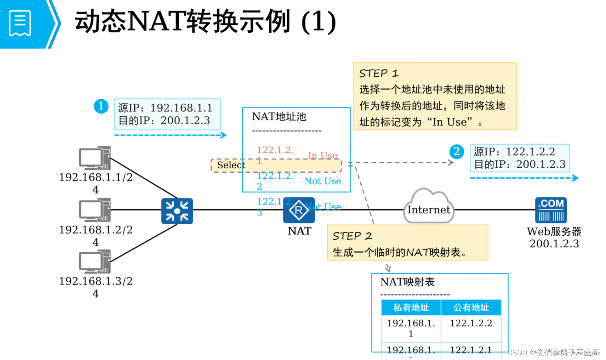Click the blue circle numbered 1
pyautogui.click(x=101, y=106)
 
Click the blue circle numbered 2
pyautogui.click(x=457, y=151)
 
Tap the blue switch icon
pyautogui.click(x=177, y=211)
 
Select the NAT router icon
pyautogui.click(x=299, y=210)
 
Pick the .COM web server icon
pyautogui.click(x=551, y=210)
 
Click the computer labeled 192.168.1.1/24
pyautogui.click(x=95, y=158)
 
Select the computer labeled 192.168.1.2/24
pyautogui.click(x=95, y=210)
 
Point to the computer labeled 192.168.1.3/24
pyautogui.click(x=95, y=261)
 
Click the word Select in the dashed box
pyautogui.click(x=231, y=165)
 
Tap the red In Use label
pyautogui.click(x=323, y=155)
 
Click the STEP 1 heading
pyautogui.click(x=379, y=74)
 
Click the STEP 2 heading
pyautogui.click(x=352, y=236)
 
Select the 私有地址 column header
pyautogui.click(x=411, y=307)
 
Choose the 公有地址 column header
pyautogui.click(x=471, y=307)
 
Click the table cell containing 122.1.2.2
pyautogui.click(x=471, y=323)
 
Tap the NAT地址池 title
pyautogui.click(x=279, y=117)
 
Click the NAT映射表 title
pyautogui.click(x=407, y=282)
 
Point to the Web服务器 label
pyautogui.click(x=554, y=231)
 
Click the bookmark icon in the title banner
pyautogui.click(x=20, y=23)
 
